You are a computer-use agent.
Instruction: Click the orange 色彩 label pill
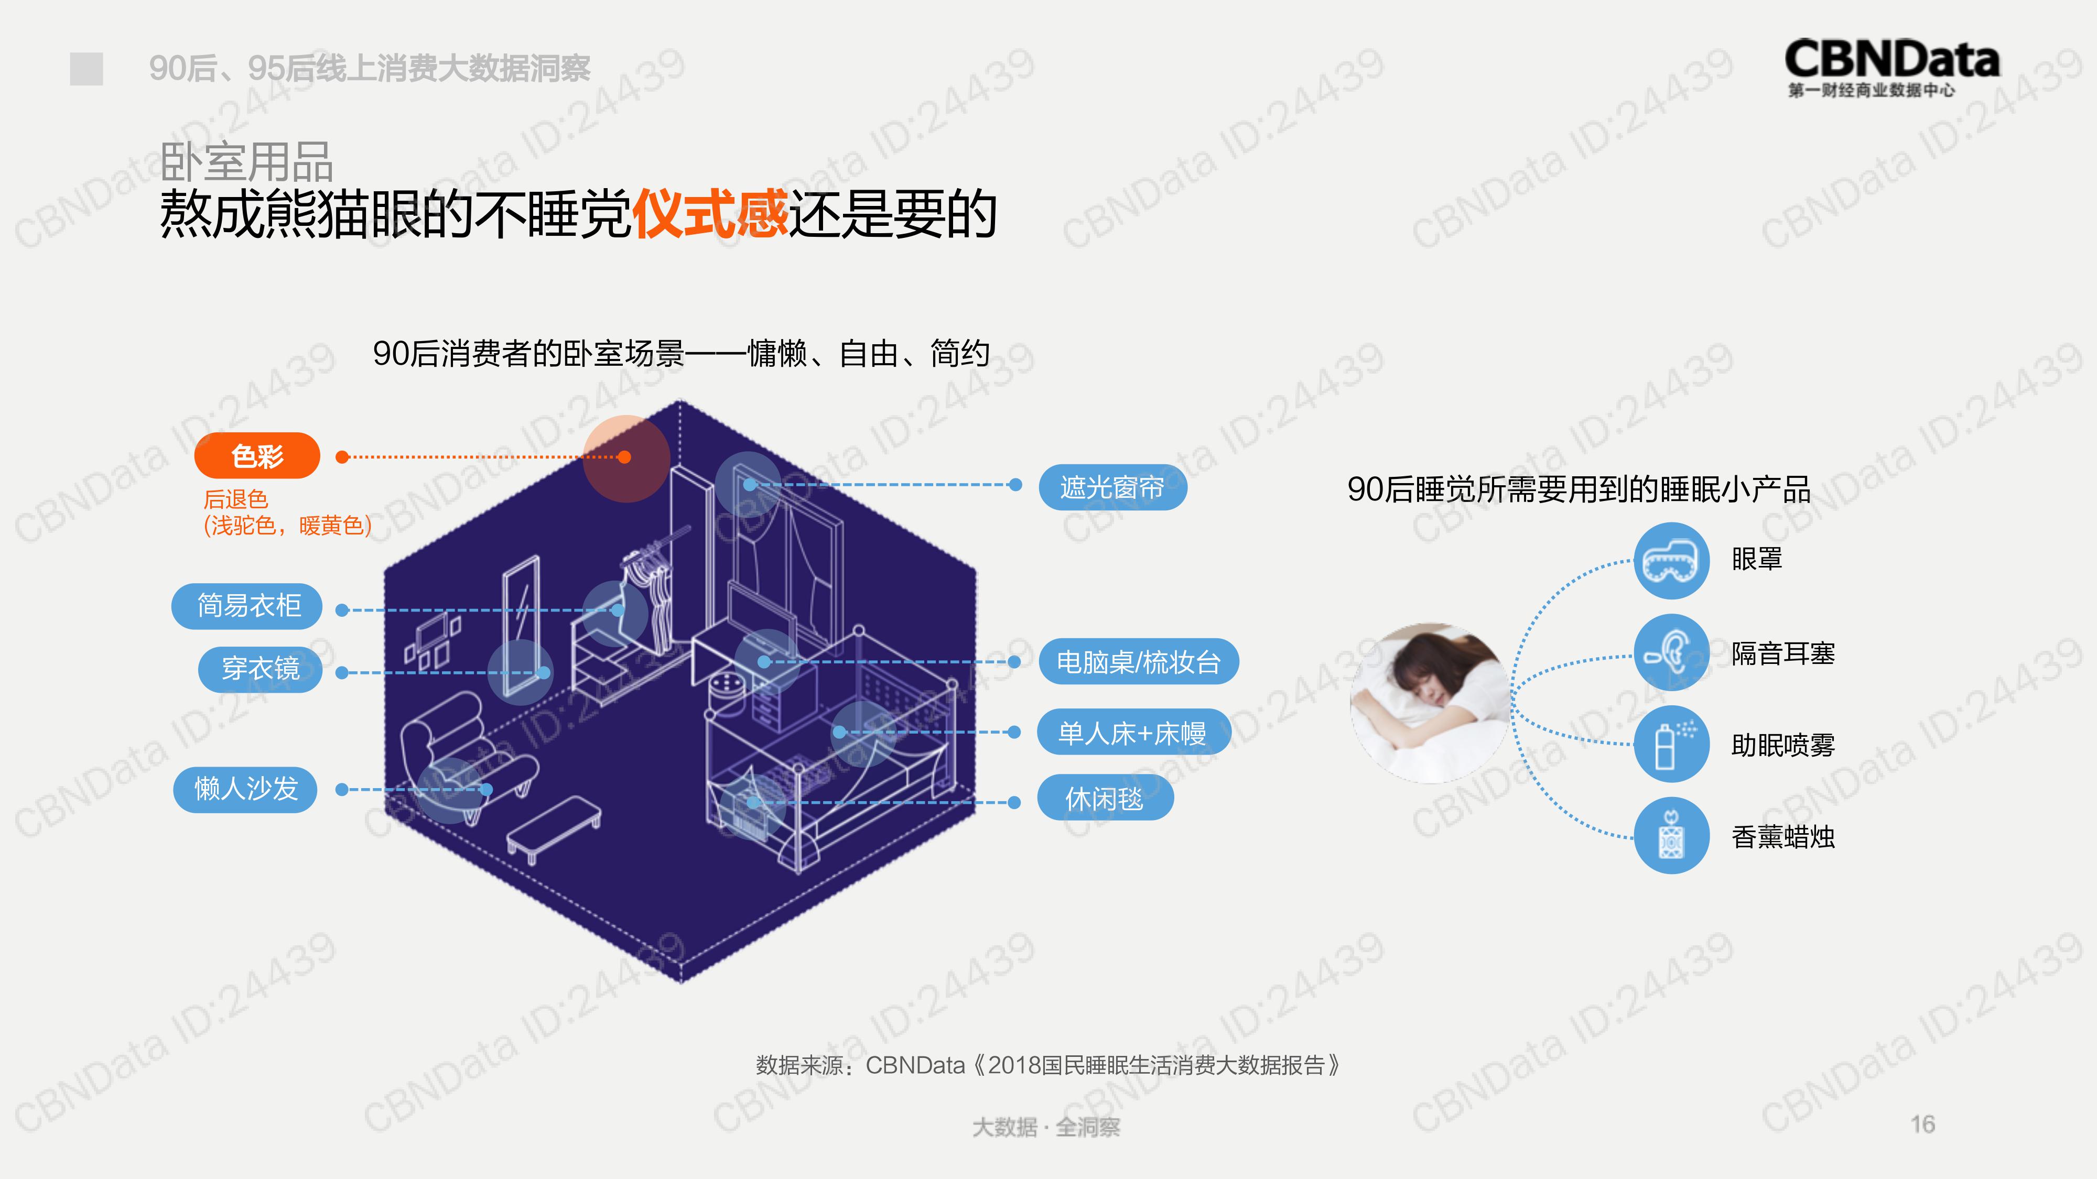click(x=257, y=456)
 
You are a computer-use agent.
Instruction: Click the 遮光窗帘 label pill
click(x=1113, y=487)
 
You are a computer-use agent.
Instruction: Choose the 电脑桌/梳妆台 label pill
click(x=1139, y=661)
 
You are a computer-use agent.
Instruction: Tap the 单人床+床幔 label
click(x=1132, y=733)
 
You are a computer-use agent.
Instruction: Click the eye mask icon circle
click(x=1671, y=561)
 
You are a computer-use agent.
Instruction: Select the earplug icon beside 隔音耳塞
click(x=1671, y=652)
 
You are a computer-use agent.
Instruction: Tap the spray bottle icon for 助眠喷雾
click(x=1671, y=745)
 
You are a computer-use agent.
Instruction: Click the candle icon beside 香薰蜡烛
click(x=1671, y=836)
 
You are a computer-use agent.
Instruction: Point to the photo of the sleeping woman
click(x=1430, y=703)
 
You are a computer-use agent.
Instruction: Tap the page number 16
click(x=1923, y=1125)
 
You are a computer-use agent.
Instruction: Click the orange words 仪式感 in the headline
click(x=710, y=214)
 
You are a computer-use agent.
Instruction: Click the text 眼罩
click(x=1757, y=560)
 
